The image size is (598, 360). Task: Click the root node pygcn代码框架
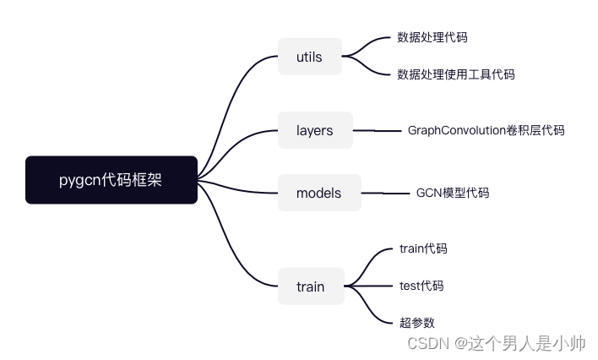coord(111,180)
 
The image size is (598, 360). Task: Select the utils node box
coord(309,57)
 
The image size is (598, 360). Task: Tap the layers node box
coord(314,130)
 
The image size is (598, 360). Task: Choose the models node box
coord(318,193)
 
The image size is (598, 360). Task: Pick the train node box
coord(310,286)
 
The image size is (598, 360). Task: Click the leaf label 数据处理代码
coord(432,37)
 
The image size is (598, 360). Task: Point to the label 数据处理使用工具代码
coord(455,74)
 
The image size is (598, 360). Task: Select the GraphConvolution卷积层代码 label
coord(486,130)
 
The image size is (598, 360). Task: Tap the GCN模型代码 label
coord(452,193)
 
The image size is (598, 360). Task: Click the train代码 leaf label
coord(422,248)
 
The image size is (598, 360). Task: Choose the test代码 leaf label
coord(421,286)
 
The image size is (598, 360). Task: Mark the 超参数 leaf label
coord(416,322)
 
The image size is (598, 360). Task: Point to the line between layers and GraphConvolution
coord(376,131)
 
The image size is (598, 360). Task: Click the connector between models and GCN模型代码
coord(384,194)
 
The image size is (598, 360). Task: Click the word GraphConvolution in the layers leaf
coord(456,130)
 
